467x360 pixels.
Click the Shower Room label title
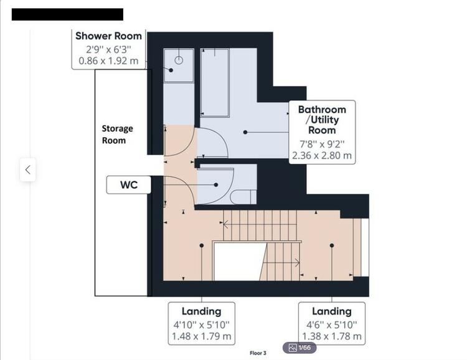[108, 36]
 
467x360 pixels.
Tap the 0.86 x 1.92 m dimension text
[108, 61]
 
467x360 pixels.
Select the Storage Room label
[117, 135]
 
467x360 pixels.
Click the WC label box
[129, 185]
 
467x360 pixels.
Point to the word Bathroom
[322, 110]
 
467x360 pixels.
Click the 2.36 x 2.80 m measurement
[322, 156]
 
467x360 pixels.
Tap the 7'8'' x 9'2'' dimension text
[322, 144]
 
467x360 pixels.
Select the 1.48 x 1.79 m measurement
[201, 336]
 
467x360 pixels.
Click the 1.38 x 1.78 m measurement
[332, 336]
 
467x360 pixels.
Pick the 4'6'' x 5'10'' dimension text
[332, 324]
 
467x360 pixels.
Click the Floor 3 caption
[258, 353]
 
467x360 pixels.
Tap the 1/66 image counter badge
[300, 348]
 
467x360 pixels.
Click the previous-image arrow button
[27, 170]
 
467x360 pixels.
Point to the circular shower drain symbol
[179, 60]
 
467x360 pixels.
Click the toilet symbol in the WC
[243, 197]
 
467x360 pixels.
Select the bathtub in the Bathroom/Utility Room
[215, 83]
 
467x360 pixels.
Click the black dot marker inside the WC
[216, 185]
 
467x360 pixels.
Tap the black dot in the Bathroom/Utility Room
[245, 132]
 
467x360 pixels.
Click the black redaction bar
[67, 14]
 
